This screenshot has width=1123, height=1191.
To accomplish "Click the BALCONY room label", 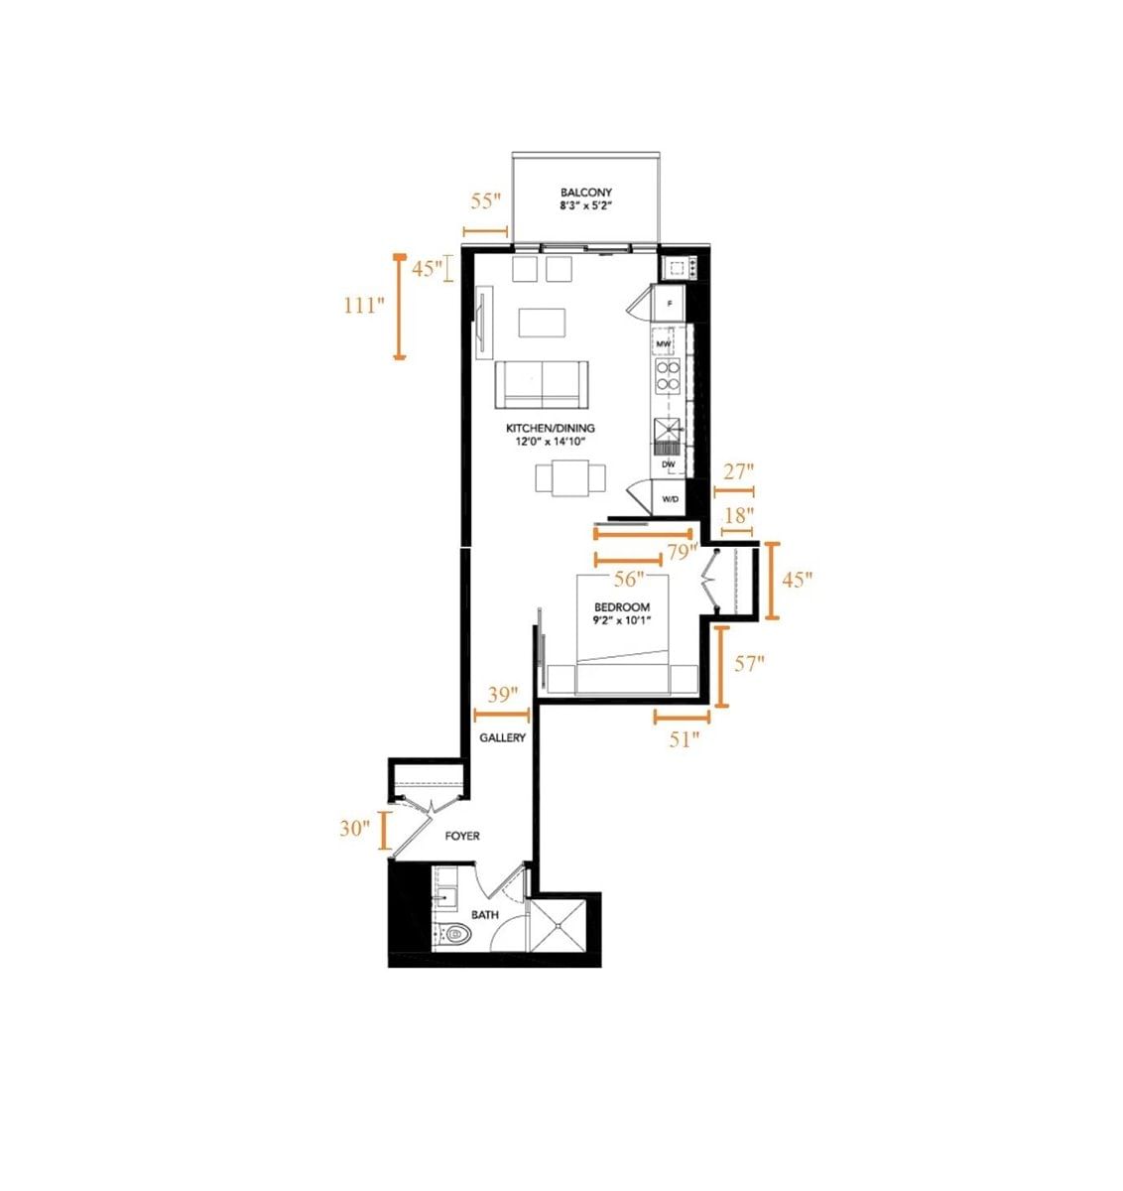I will [585, 193].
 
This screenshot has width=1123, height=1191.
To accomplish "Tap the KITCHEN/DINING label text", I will [551, 429].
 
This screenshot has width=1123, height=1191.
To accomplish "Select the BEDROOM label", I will [622, 607].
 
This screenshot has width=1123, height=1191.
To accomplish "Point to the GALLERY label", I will [502, 738].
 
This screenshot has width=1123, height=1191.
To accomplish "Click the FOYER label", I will [462, 837].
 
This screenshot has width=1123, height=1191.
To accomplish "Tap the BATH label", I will [485, 915].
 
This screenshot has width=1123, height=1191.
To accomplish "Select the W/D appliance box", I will [670, 498].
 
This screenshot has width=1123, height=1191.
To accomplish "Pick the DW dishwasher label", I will [669, 464].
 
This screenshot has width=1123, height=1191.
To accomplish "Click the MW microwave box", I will [665, 344].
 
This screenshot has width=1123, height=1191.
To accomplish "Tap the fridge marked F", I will [670, 303].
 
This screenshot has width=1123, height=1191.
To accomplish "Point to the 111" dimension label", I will [364, 306].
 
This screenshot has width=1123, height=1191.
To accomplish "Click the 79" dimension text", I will [682, 552].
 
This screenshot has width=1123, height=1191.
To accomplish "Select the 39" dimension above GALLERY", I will [503, 695].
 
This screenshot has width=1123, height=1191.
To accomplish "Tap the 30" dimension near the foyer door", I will [354, 828].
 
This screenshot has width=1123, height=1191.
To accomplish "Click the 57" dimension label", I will [749, 664].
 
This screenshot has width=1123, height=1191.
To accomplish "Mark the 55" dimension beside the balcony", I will [486, 201].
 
